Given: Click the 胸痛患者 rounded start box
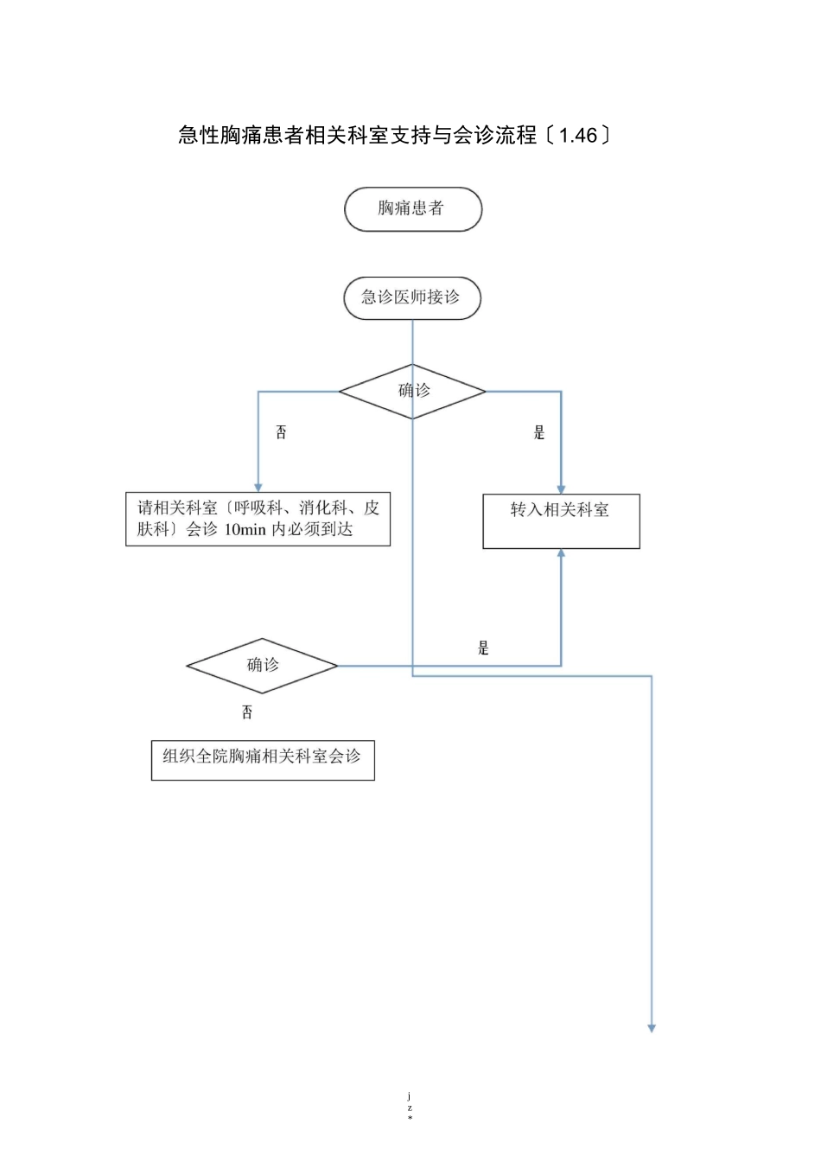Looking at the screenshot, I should pos(412,209).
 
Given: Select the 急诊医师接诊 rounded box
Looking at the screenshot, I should pos(412,298).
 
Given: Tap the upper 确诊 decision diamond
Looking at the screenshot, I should pos(412,392).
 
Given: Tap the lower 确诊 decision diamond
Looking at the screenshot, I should pos(262,666).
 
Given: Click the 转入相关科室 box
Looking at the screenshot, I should pos(561,520).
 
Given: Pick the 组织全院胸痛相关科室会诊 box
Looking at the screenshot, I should pos(263,759).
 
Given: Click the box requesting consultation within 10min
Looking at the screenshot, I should pos(258,519).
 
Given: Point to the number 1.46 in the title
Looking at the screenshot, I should pos(578,136).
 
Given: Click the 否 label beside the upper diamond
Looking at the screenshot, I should pos(281,432).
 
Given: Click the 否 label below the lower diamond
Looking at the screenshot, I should pos(247,712).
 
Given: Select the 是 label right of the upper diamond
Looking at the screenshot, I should pos(539,432).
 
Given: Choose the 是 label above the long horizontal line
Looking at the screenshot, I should pos(483,648).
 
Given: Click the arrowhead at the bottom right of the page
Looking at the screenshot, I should pos(652,1028).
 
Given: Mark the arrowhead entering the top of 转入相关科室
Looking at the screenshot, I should pos(561,489).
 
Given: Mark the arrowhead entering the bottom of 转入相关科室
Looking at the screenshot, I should pos(561,554).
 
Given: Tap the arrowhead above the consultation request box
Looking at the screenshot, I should pos(258,488).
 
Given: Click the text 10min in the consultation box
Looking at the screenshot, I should pos(245,530).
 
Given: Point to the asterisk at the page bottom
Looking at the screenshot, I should pos(410,1119).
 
